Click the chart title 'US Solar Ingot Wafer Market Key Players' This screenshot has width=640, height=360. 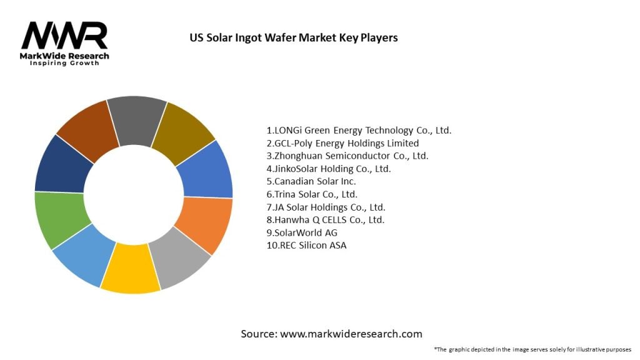(293, 37)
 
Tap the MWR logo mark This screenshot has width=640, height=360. (64, 36)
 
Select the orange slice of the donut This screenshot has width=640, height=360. (204, 225)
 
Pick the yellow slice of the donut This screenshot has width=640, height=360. (130, 269)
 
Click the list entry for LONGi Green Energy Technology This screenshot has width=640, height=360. (359, 131)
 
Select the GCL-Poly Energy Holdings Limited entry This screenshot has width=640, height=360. (342, 143)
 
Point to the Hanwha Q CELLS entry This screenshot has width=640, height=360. (326, 219)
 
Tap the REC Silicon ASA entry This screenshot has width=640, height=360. (306, 245)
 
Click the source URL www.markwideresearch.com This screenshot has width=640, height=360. (351, 334)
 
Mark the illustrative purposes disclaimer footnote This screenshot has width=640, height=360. (532, 349)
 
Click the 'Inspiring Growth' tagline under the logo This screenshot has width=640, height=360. (64, 64)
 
